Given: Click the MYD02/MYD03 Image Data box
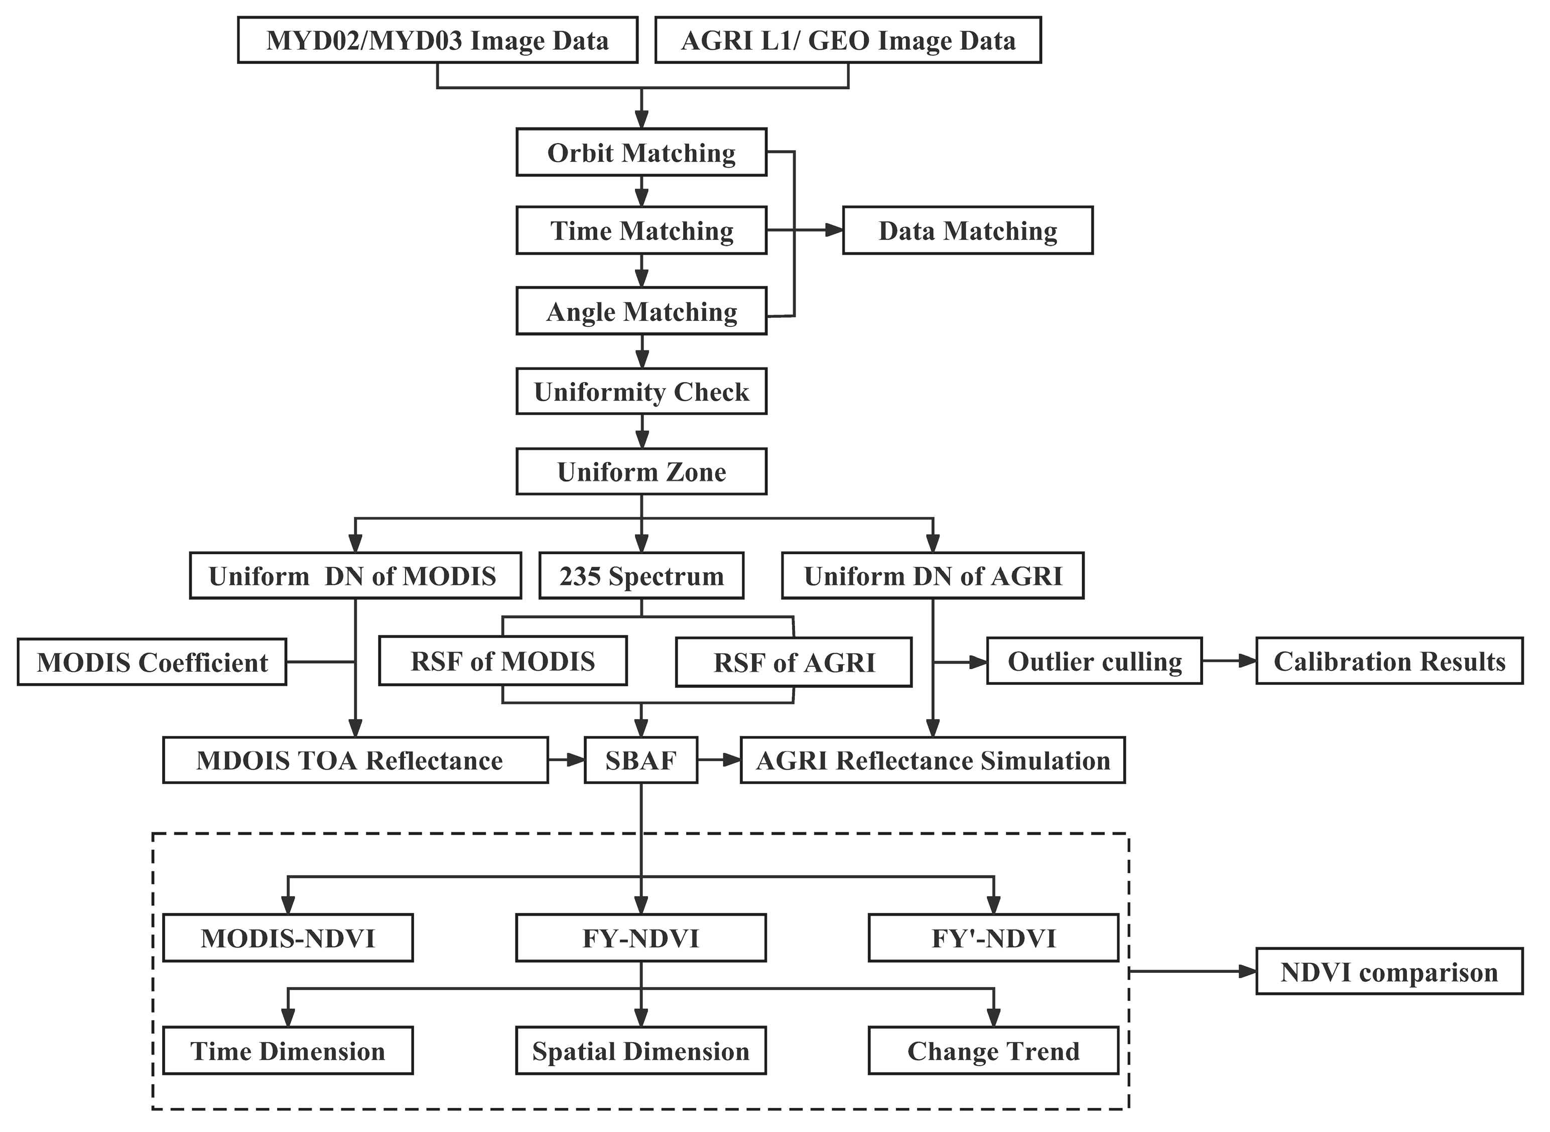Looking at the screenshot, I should pyautogui.click(x=437, y=41).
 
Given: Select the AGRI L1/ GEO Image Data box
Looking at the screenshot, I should pyautogui.click(x=848, y=41).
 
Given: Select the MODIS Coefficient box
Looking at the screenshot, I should pyautogui.click(x=152, y=662).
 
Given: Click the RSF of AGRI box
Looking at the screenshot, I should pyautogui.click(x=794, y=662).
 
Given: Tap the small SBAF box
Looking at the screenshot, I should pyautogui.click(x=640, y=760).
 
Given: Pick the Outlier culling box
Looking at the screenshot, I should pyautogui.click(x=1094, y=661).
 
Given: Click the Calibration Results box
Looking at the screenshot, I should pyautogui.click(x=1389, y=661).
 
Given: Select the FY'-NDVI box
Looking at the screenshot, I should pyautogui.click(x=993, y=937).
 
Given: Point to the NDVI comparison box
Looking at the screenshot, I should pyautogui.click(x=1389, y=972).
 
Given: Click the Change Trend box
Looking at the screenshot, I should pyautogui.click(x=993, y=1051).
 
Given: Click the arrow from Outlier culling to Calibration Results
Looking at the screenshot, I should pyautogui.click(x=1229, y=661).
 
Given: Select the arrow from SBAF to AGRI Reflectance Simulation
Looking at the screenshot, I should pyautogui.click(x=719, y=760).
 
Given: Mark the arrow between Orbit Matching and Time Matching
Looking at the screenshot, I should pyautogui.click(x=641, y=191).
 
